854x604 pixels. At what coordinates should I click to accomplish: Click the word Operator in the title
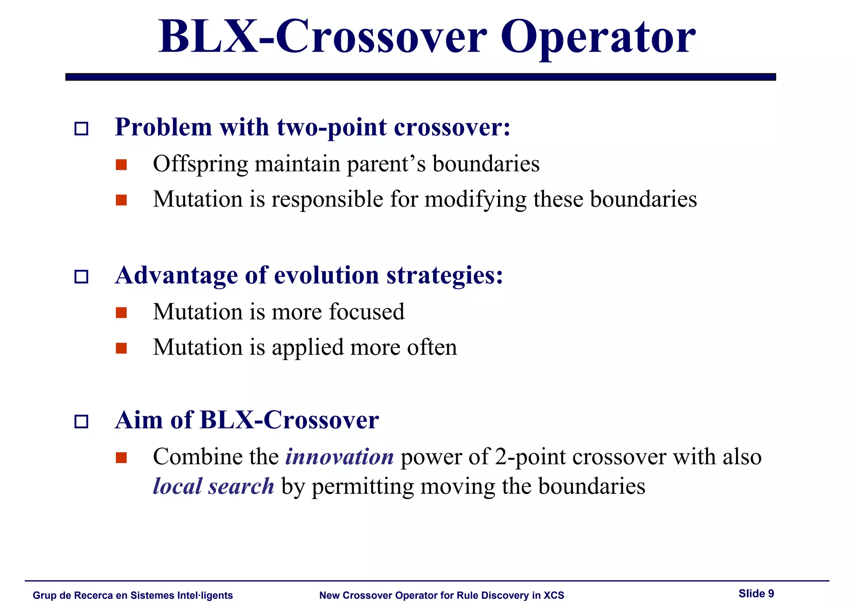click(598, 38)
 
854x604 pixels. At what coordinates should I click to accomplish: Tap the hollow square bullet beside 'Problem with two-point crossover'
click(81, 128)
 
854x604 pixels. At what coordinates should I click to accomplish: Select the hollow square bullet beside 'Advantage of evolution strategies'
click(81, 277)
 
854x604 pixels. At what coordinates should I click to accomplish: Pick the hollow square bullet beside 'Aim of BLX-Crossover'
click(81, 421)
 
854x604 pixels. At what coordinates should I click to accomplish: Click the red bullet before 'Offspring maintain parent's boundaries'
click(121, 165)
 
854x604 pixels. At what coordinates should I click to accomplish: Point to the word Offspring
click(200, 164)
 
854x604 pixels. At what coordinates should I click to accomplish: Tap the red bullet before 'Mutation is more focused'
click(121, 312)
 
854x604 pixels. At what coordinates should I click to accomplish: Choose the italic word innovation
click(339, 457)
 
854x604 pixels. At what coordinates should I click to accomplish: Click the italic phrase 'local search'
click(213, 487)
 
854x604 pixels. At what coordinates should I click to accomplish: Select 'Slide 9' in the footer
click(756, 594)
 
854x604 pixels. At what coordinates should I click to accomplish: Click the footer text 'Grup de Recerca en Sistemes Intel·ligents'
click(133, 595)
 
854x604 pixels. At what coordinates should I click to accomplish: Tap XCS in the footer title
click(554, 595)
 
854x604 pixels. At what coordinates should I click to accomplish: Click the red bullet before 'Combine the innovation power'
click(121, 458)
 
